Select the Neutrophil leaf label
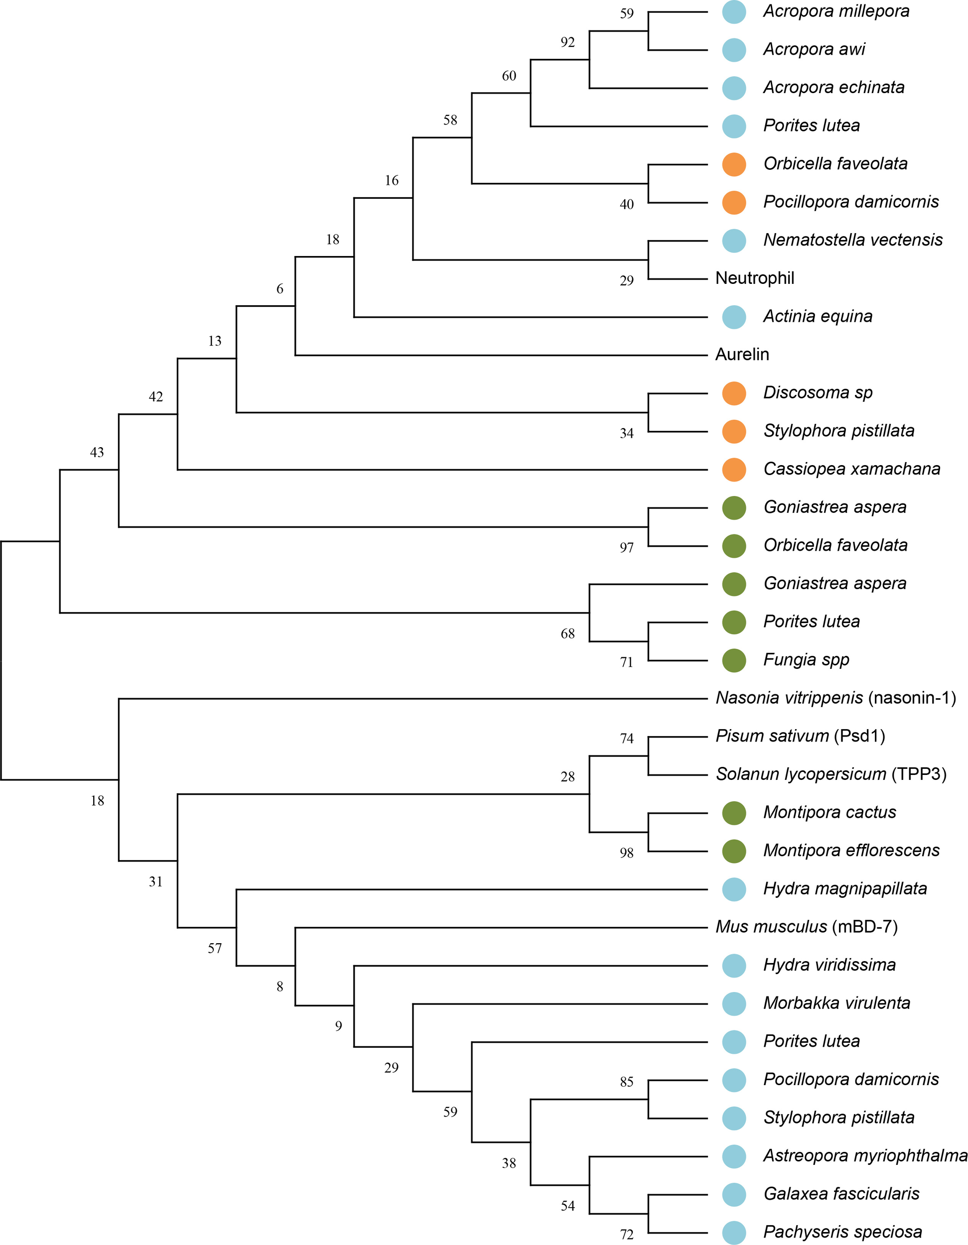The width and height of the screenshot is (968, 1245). [x=755, y=278]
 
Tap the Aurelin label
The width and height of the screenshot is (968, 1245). [x=742, y=355]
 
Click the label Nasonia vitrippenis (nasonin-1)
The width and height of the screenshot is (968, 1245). [x=835, y=698]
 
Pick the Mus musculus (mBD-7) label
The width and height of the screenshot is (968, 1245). [x=807, y=927]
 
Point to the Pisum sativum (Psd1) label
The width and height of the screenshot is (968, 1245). [x=800, y=736]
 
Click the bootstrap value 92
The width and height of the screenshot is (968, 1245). [x=567, y=42]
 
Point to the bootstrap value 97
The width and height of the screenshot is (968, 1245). [x=626, y=548]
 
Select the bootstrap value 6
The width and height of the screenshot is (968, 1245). [x=279, y=289]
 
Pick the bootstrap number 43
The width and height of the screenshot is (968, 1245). [x=97, y=453]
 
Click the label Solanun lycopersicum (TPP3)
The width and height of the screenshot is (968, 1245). [x=831, y=774]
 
